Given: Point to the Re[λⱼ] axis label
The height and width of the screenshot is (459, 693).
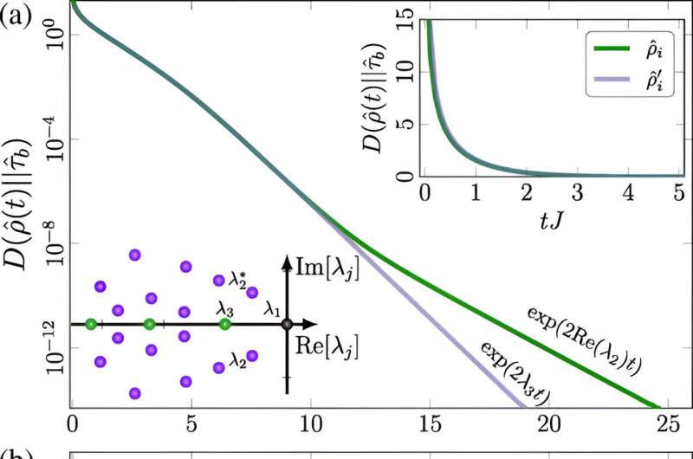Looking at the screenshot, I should coord(326,344).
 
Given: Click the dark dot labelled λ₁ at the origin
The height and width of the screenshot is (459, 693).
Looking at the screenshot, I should coord(287,325).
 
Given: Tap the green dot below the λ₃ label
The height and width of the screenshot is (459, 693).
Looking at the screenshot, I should coord(225,325).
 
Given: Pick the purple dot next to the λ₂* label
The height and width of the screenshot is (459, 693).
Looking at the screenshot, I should coord(219,280).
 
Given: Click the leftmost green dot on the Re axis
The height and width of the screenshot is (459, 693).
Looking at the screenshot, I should coord(91,325).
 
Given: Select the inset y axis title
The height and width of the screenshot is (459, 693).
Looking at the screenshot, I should coord(374,95).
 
